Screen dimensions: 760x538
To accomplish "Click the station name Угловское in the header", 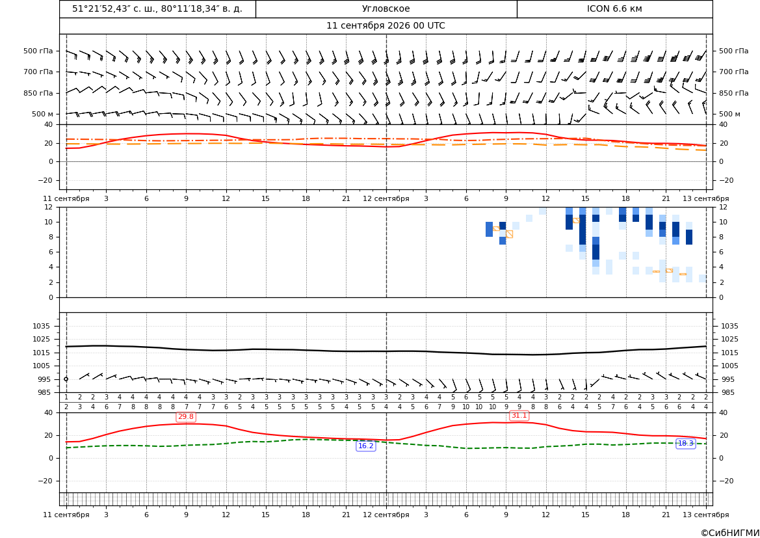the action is [x=386, y=8].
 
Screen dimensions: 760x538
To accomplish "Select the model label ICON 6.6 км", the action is [x=614, y=8].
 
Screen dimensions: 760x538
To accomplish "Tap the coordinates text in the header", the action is [x=157, y=8].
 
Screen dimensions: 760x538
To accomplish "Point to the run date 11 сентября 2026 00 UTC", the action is [x=386, y=26].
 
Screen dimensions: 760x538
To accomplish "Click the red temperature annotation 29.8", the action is [x=186, y=417].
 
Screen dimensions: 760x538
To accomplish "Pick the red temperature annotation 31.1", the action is [x=519, y=416].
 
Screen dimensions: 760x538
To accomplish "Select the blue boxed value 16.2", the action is [x=365, y=446].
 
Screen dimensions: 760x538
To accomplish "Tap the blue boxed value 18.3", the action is [x=685, y=444].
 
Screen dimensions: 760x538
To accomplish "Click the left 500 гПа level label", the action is [x=38, y=51].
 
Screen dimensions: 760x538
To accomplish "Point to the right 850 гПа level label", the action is [x=734, y=93].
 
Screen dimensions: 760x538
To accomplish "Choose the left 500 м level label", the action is [x=43, y=114].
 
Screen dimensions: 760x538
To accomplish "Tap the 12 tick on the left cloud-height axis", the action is [x=49, y=207].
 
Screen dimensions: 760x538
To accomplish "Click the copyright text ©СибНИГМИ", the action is [x=730, y=533].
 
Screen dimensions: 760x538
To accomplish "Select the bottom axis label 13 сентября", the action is [x=706, y=515].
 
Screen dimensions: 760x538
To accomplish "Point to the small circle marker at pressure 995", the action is [x=66, y=379].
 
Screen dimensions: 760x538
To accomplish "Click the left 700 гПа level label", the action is [x=38, y=72].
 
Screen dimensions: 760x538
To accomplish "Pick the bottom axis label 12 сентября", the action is [x=386, y=515].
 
